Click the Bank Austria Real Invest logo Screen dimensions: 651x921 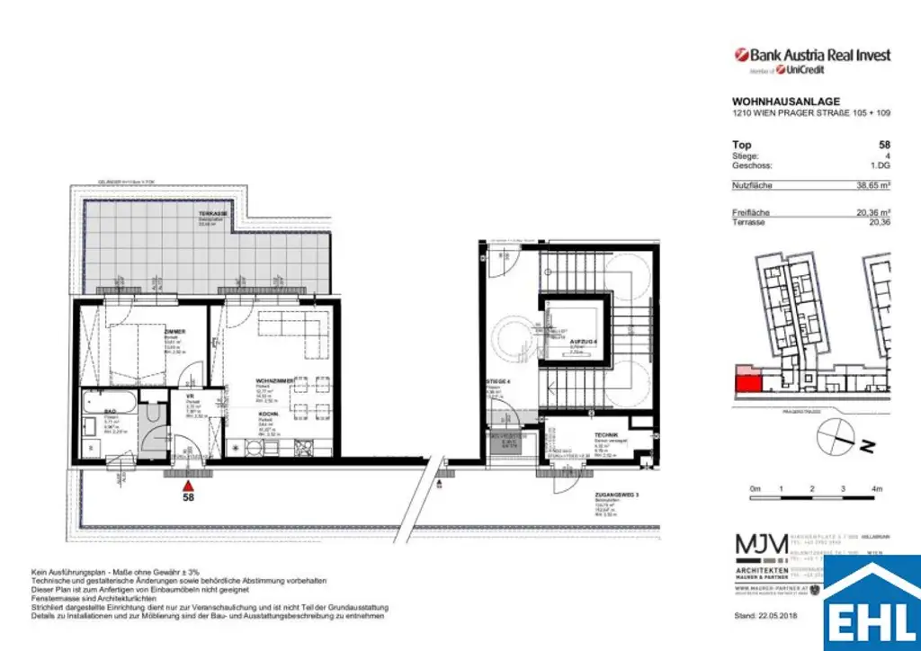(x=812, y=55)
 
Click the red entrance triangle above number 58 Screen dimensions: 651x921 (x=189, y=483)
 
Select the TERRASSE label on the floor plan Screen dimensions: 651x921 (x=214, y=213)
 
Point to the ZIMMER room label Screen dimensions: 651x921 (x=174, y=332)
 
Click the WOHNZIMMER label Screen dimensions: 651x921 (x=275, y=380)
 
